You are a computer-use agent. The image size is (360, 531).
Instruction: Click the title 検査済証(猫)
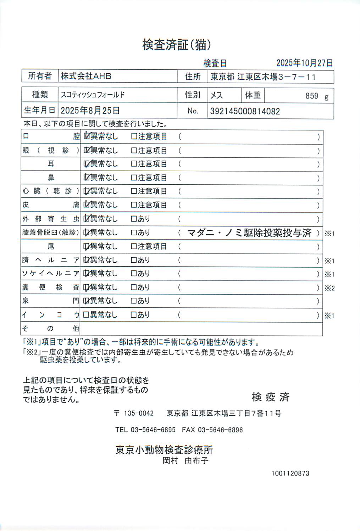tap(177, 45)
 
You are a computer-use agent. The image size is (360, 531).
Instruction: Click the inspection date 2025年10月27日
tap(304, 63)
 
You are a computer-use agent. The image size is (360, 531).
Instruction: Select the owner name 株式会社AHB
tap(86, 76)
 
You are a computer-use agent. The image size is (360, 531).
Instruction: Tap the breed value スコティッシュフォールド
tap(93, 95)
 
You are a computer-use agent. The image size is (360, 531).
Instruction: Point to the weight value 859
tap(312, 96)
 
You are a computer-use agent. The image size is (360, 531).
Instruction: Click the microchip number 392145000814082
tap(245, 111)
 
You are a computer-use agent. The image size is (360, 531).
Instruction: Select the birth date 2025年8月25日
tap(90, 111)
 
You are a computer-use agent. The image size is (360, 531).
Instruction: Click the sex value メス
tap(216, 95)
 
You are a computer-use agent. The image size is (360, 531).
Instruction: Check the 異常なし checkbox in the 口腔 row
tap(86, 136)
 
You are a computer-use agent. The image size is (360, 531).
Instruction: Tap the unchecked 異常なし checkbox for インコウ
tap(86, 315)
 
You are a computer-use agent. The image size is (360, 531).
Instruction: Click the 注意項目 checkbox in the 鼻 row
tap(134, 178)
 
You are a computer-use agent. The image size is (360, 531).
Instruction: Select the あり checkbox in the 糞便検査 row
tap(134, 287)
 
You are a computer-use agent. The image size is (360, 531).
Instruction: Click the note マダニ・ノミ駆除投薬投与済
tap(249, 233)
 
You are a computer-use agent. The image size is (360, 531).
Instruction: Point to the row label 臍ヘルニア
tap(51, 260)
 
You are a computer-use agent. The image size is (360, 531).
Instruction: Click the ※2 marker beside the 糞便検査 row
tap(329, 288)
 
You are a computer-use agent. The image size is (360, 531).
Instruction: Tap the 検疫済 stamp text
tap(271, 397)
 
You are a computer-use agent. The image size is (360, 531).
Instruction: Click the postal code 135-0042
tap(139, 413)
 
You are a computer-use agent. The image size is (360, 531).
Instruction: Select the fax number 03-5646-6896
tap(220, 430)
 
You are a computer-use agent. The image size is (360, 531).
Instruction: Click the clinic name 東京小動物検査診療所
tap(164, 450)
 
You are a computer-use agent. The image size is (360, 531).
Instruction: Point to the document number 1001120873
tap(290, 473)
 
